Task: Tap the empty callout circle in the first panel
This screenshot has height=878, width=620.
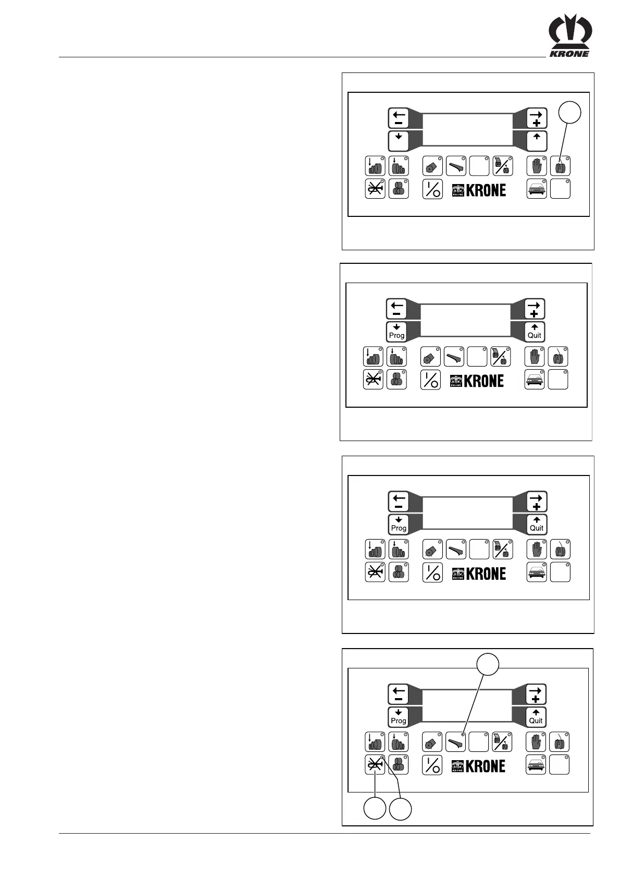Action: tap(570, 114)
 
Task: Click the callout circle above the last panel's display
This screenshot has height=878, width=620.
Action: tap(488, 664)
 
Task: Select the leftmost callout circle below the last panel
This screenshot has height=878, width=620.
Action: tap(375, 809)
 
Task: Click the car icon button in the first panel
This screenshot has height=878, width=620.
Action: tap(537, 189)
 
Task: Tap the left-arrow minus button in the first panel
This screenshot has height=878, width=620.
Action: tap(399, 118)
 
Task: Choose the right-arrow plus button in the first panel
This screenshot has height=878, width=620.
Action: tap(537, 118)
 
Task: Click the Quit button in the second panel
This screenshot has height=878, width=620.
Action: tap(535, 331)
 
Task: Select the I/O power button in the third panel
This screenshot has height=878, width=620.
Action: tap(432, 572)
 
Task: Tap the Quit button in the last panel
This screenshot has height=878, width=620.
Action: tap(536, 716)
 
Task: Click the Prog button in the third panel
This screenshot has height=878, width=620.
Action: tap(399, 524)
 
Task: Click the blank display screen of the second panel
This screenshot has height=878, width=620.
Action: tap(465, 321)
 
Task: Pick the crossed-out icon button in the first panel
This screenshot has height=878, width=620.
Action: tap(375, 189)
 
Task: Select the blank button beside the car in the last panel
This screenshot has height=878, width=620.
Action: tap(559, 765)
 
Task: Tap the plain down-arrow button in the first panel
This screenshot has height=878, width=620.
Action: tap(399, 141)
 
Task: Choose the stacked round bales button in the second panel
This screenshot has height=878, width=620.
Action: tap(396, 379)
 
